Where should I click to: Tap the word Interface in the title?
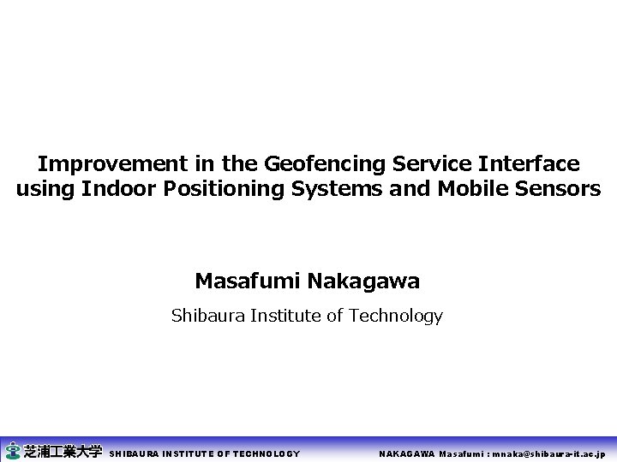(x=528, y=163)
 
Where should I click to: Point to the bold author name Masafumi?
(x=248, y=281)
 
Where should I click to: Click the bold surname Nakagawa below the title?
(x=363, y=281)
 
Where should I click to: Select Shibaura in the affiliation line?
(x=207, y=316)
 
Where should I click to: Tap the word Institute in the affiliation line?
(x=286, y=316)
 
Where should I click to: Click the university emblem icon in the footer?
(x=12, y=451)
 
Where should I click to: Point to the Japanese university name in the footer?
(x=63, y=451)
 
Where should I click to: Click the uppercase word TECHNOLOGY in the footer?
(x=267, y=454)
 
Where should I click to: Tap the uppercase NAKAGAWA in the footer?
(x=407, y=454)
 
